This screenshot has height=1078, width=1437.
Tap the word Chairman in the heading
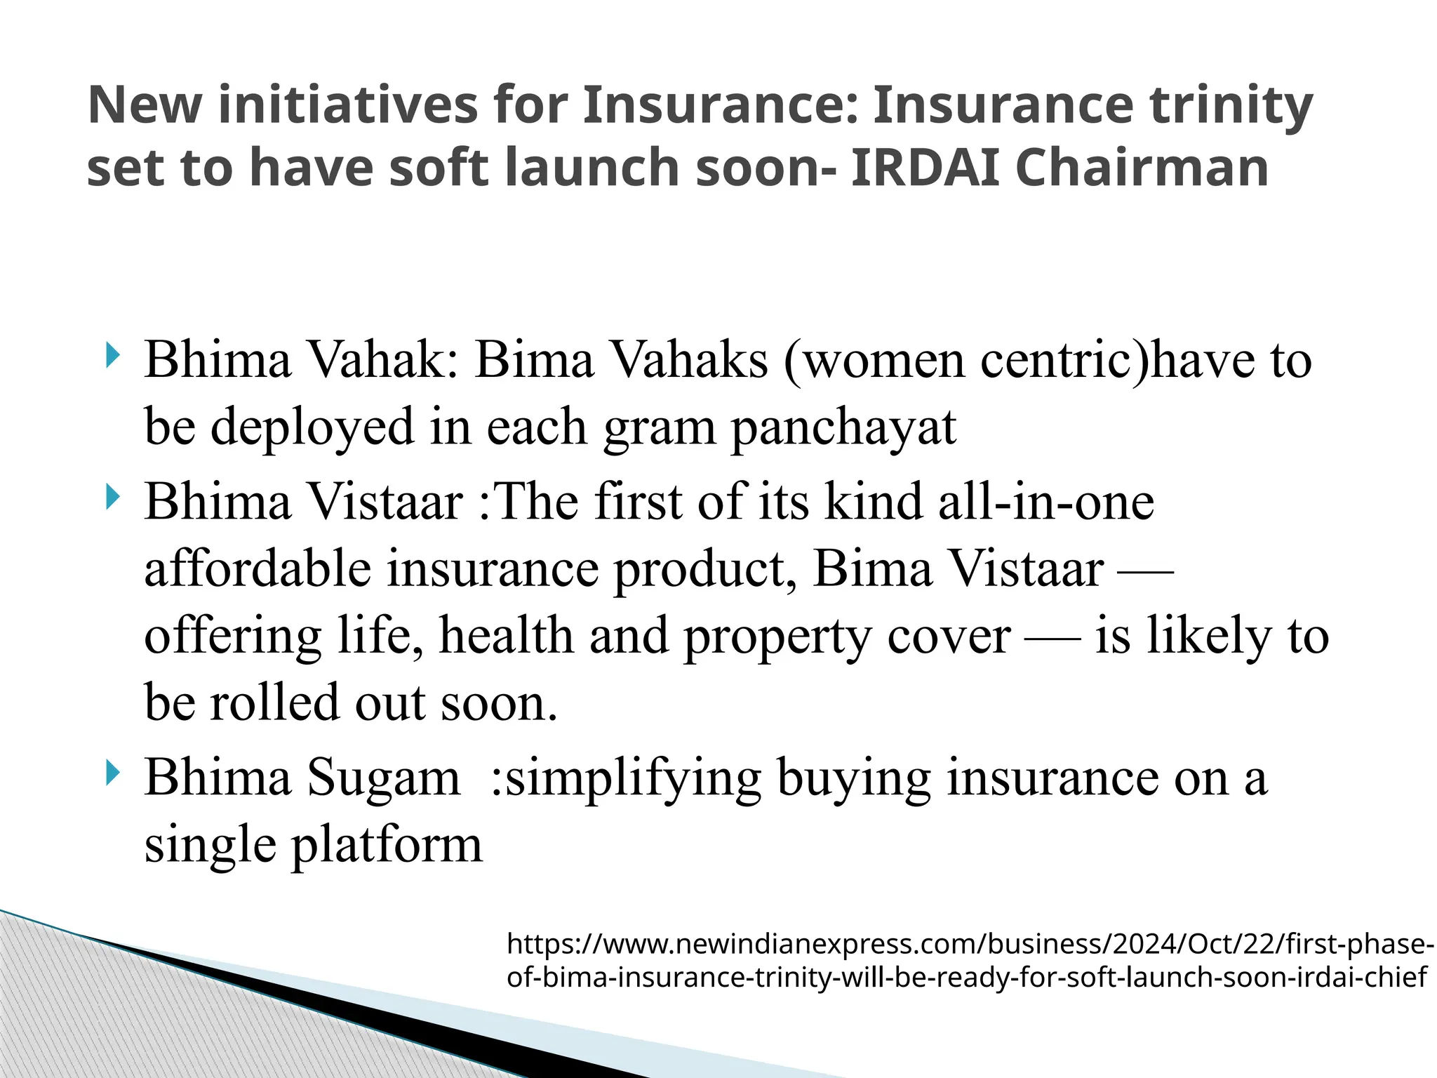click(1142, 168)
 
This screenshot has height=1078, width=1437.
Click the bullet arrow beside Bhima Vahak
click(112, 355)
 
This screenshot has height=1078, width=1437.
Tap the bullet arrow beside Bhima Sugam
click(112, 773)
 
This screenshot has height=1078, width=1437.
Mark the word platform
click(387, 846)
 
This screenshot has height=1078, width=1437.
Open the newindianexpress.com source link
click(969, 960)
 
